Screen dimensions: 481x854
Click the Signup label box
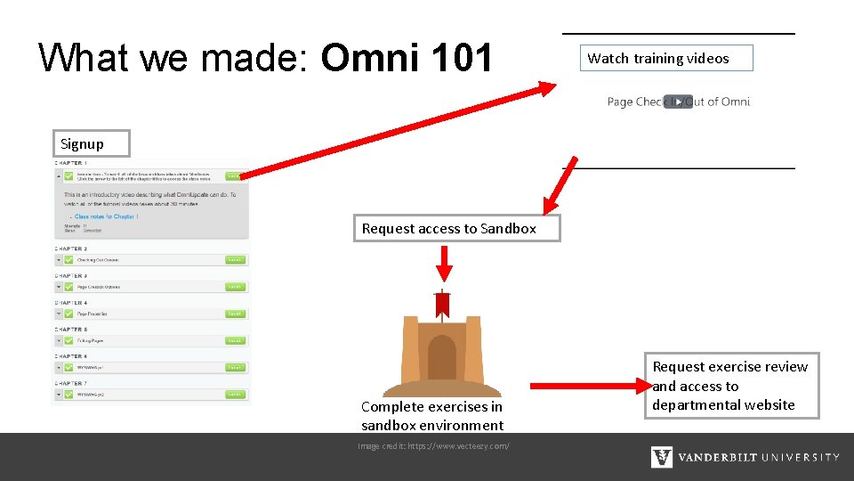tap(82, 143)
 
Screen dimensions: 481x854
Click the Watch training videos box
tap(666, 59)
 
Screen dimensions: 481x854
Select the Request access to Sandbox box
tap(449, 229)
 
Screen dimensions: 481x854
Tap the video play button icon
tap(677, 102)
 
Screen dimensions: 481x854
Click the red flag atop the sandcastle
tap(442, 305)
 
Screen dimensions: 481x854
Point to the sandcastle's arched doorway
tap(442, 357)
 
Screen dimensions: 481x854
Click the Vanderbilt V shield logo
tap(662, 457)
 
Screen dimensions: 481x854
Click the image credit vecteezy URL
tap(433, 445)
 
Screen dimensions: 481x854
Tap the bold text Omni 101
tap(407, 59)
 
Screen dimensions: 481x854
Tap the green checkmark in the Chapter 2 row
tap(68, 260)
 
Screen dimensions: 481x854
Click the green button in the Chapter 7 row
tap(234, 394)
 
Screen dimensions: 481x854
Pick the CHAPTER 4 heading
tap(71, 303)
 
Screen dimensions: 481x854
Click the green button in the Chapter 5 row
tap(234, 340)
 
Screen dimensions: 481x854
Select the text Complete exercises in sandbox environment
tap(432, 416)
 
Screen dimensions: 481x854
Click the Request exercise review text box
tap(730, 386)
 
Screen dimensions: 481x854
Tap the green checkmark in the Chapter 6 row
tap(68, 367)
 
